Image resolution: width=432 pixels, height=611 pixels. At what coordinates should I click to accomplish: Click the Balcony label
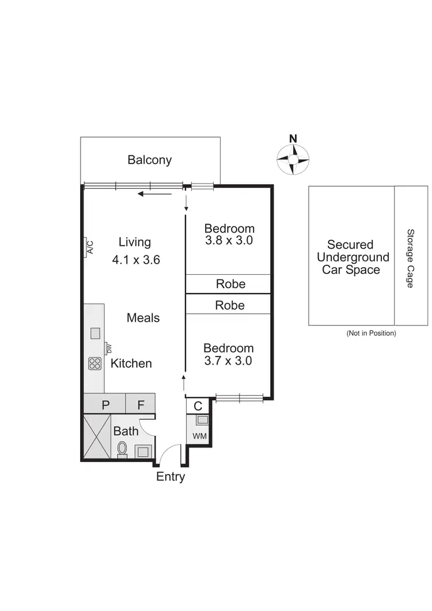point(150,160)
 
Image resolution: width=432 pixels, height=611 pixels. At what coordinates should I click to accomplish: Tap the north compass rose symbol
point(293,158)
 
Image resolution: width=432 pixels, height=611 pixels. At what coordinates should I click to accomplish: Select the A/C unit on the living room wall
point(90,247)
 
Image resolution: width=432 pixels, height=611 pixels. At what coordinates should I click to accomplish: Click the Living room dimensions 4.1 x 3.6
point(136,260)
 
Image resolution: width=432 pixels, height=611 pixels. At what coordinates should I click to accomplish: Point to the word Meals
point(143,318)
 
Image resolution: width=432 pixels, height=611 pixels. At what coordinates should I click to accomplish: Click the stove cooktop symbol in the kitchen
point(94,363)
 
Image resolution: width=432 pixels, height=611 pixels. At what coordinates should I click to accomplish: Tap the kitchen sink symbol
point(94,332)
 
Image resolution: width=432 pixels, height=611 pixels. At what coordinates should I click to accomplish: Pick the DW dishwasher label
point(108,348)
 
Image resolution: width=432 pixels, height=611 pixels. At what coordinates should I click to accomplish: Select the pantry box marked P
point(105,405)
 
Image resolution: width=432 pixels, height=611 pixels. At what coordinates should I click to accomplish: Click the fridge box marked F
point(141,405)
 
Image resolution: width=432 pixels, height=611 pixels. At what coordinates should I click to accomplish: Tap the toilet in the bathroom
point(122,449)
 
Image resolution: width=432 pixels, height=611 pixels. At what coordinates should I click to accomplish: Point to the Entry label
point(170,477)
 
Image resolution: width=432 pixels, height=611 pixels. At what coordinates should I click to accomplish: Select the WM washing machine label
point(199,436)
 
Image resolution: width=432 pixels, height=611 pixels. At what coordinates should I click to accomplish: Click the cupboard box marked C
point(198,406)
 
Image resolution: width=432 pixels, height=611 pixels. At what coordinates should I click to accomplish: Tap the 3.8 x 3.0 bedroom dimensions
point(229,241)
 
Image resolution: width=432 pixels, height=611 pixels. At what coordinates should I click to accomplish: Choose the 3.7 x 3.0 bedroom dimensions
point(229,361)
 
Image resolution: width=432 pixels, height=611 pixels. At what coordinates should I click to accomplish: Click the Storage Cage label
point(411,259)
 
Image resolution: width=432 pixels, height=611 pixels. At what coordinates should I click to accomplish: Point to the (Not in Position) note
point(371,333)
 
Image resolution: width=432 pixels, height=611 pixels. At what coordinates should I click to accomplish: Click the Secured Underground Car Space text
point(350,257)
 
